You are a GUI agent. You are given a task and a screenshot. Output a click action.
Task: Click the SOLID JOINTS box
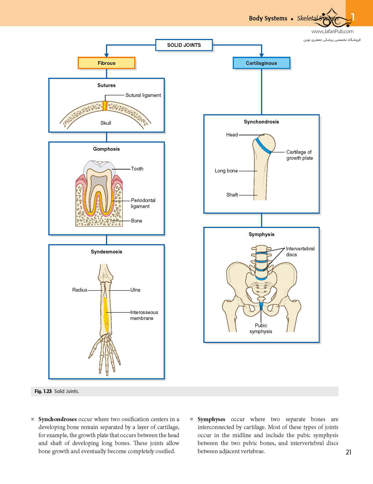click(184, 45)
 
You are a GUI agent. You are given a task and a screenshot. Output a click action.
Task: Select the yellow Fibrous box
click(106, 63)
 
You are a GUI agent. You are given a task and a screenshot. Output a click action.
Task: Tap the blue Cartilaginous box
click(261, 63)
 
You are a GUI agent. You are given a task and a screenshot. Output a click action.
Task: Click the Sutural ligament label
click(143, 95)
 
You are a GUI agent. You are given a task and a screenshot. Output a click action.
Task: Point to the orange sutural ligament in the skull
click(104, 106)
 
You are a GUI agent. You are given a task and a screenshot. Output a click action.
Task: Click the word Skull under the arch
click(106, 123)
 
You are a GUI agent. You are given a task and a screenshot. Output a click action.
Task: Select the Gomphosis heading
click(106, 149)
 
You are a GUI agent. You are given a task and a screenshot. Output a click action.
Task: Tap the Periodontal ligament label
click(143, 203)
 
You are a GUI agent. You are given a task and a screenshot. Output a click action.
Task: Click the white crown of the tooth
click(99, 166)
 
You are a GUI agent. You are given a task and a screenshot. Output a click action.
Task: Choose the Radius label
click(80, 290)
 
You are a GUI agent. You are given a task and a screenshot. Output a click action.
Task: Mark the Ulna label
click(135, 290)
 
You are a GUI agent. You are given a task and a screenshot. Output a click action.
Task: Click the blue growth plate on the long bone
click(263, 146)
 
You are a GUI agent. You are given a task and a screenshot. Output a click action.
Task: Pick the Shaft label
click(232, 195)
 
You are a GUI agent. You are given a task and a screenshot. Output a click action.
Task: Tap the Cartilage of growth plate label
click(299, 155)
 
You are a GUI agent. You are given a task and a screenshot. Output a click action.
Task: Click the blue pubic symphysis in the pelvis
click(261, 306)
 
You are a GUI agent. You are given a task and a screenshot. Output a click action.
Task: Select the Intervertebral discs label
click(300, 251)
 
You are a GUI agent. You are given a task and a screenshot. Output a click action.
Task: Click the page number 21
click(348, 452)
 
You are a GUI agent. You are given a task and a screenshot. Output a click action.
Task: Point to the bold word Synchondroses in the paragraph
click(57, 419)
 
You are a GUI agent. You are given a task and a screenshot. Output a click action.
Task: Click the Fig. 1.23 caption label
click(43, 391)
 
